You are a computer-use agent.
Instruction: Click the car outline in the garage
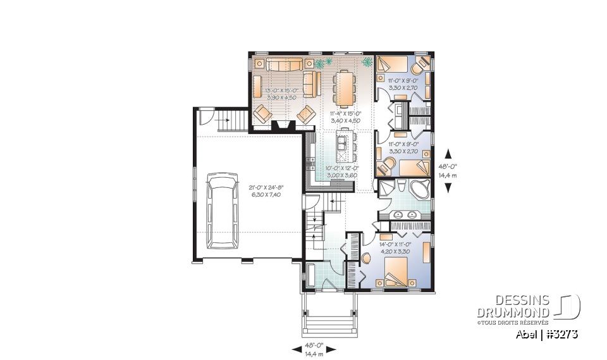(223, 211)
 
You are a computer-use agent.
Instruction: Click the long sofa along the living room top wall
(285, 64)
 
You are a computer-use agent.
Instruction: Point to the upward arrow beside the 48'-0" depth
(448, 152)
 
